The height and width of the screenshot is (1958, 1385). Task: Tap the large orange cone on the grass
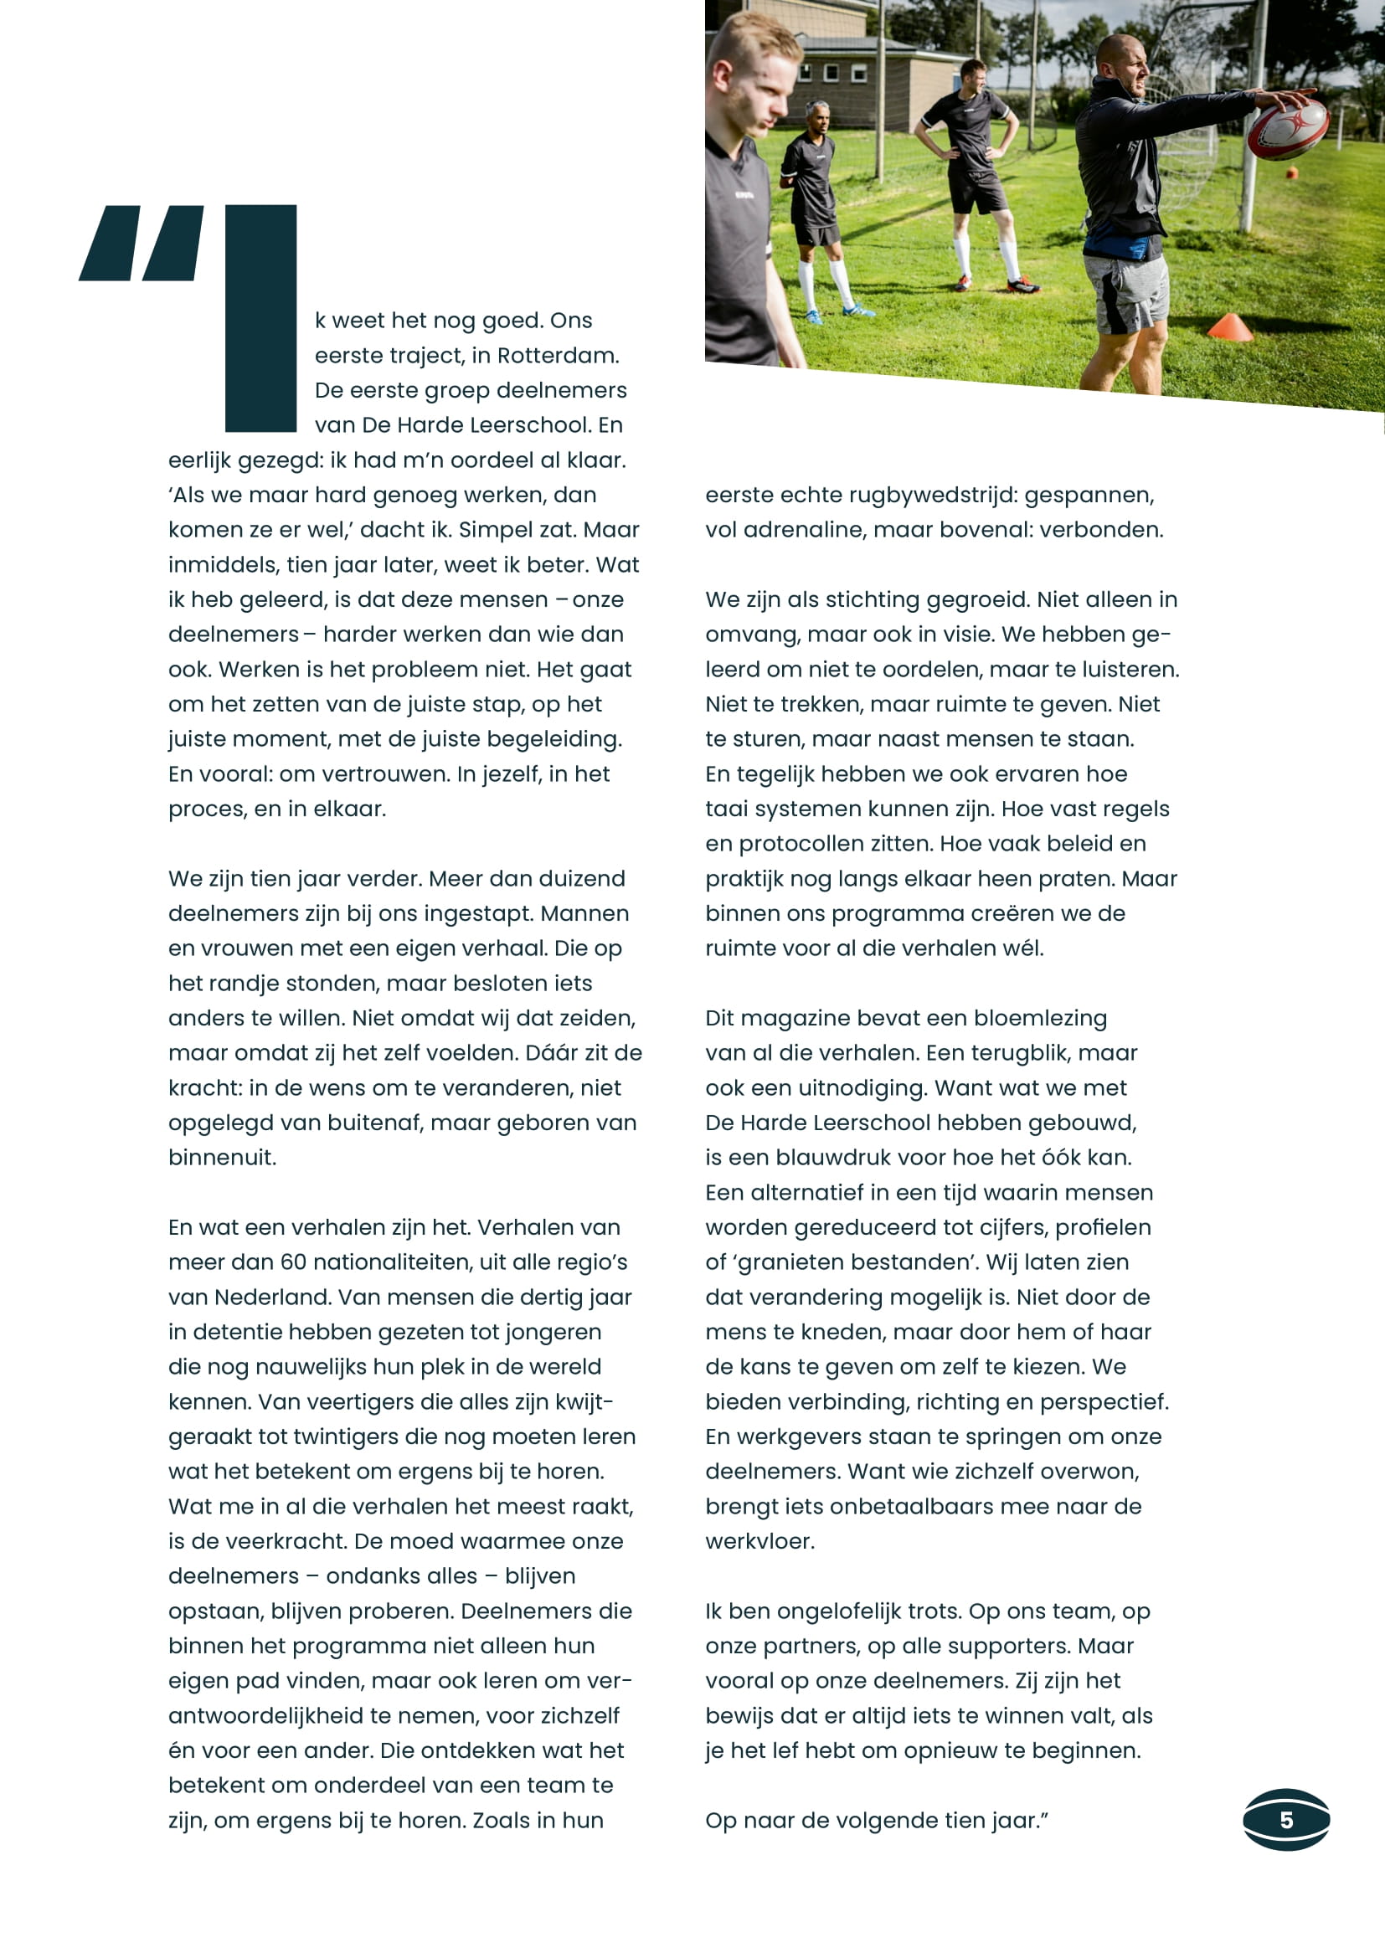click(x=1230, y=326)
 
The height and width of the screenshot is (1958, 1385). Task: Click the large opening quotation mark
click(x=142, y=243)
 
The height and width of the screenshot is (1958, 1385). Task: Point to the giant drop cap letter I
click(x=260, y=317)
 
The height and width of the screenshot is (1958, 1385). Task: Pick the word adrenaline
click(x=820, y=530)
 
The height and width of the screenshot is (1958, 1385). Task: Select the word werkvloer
click(x=758, y=1541)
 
